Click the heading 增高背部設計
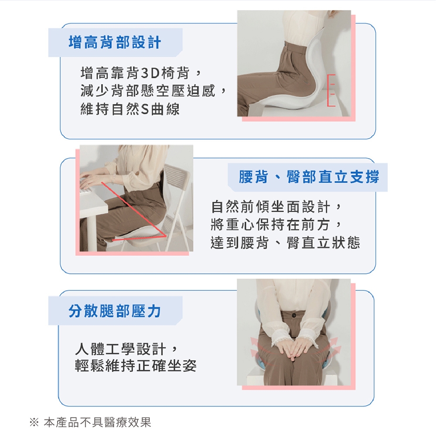coord(115,43)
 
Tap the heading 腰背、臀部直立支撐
coord(309,177)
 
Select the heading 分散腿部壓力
coord(115,311)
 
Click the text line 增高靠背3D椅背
coord(136,72)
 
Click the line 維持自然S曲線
coord(130,109)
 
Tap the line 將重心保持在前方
coord(273,225)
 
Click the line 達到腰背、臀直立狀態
coord(285,243)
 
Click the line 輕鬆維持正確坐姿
coord(136,365)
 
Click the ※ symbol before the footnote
coord(34,422)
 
